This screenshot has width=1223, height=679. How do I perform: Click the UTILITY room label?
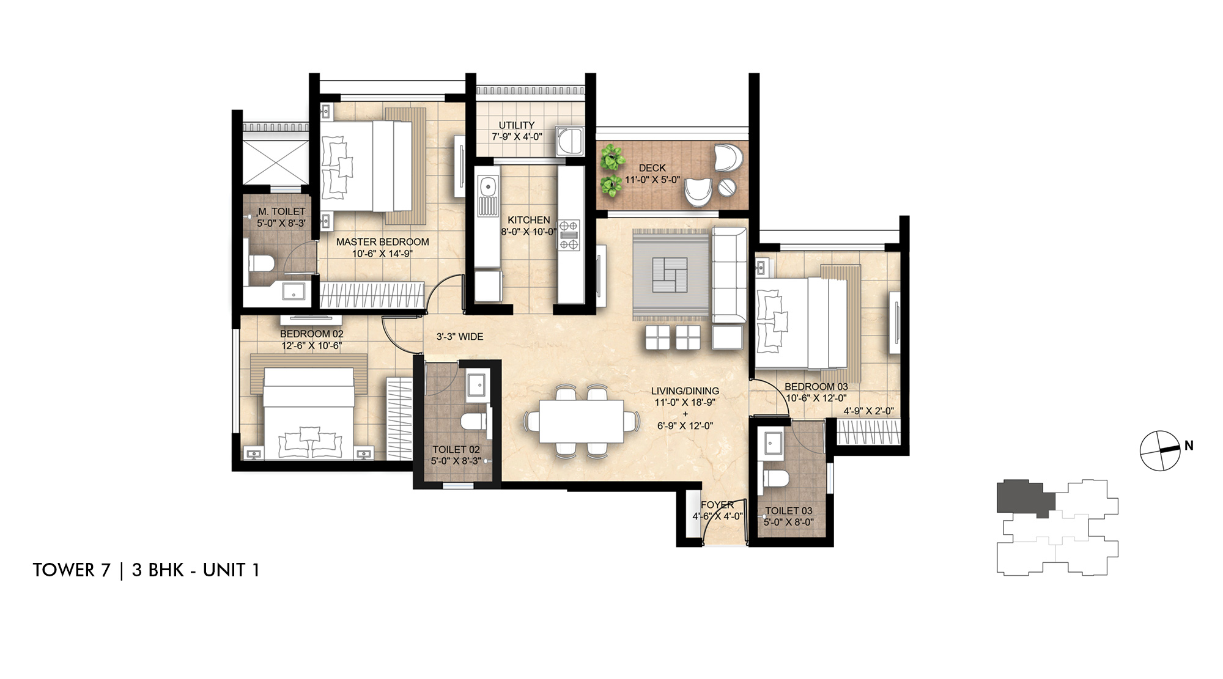(x=516, y=125)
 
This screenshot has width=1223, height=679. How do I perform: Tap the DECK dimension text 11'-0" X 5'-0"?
(x=652, y=180)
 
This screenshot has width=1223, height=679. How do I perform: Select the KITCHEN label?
(x=528, y=220)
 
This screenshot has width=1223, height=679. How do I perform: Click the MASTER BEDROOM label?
(x=382, y=242)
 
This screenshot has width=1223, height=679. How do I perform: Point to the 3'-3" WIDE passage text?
(x=459, y=337)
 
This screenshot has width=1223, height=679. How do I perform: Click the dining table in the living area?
(x=581, y=421)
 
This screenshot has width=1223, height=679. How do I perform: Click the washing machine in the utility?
(x=569, y=141)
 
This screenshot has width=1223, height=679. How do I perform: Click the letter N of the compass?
(x=1188, y=446)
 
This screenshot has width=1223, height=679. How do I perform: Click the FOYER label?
(x=717, y=505)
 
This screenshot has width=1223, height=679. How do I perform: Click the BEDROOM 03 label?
(x=816, y=387)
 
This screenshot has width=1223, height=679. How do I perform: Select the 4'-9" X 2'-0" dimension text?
(x=868, y=411)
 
